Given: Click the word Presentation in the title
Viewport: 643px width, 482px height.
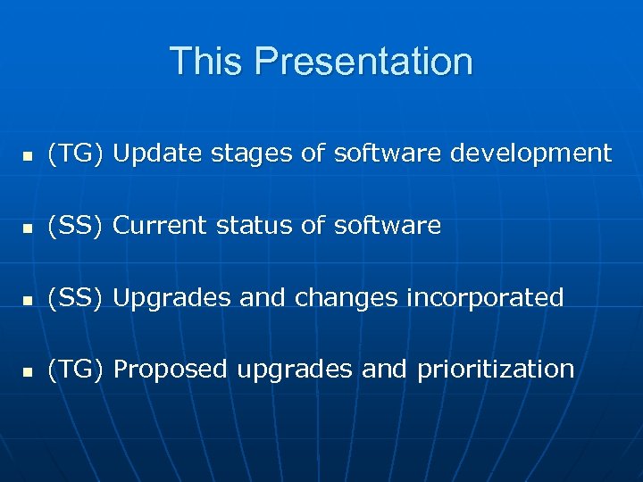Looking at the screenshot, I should [363, 62].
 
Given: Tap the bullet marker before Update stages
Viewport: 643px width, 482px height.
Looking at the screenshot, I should [28, 156].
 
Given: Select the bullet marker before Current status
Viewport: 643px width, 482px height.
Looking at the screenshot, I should [28, 229].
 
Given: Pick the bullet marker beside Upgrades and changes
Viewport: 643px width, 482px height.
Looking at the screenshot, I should [28, 300].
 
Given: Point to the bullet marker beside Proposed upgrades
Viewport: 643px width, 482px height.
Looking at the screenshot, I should [28, 371].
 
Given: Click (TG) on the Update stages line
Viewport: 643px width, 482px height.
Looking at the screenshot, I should [77, 154].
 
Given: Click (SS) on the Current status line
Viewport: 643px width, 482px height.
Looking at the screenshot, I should [77, 226].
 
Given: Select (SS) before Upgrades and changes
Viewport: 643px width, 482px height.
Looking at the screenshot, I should [77, 297].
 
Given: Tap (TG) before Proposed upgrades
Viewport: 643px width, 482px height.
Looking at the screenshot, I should [77, 369].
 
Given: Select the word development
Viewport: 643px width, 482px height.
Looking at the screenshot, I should [530, 154].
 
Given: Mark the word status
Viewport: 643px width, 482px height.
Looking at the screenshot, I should [255, 226].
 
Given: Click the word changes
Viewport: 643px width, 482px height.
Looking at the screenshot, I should [347, 298].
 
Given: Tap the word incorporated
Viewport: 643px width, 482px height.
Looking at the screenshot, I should [485, 298].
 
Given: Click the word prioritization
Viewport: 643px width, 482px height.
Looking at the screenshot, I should [496, 370].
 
